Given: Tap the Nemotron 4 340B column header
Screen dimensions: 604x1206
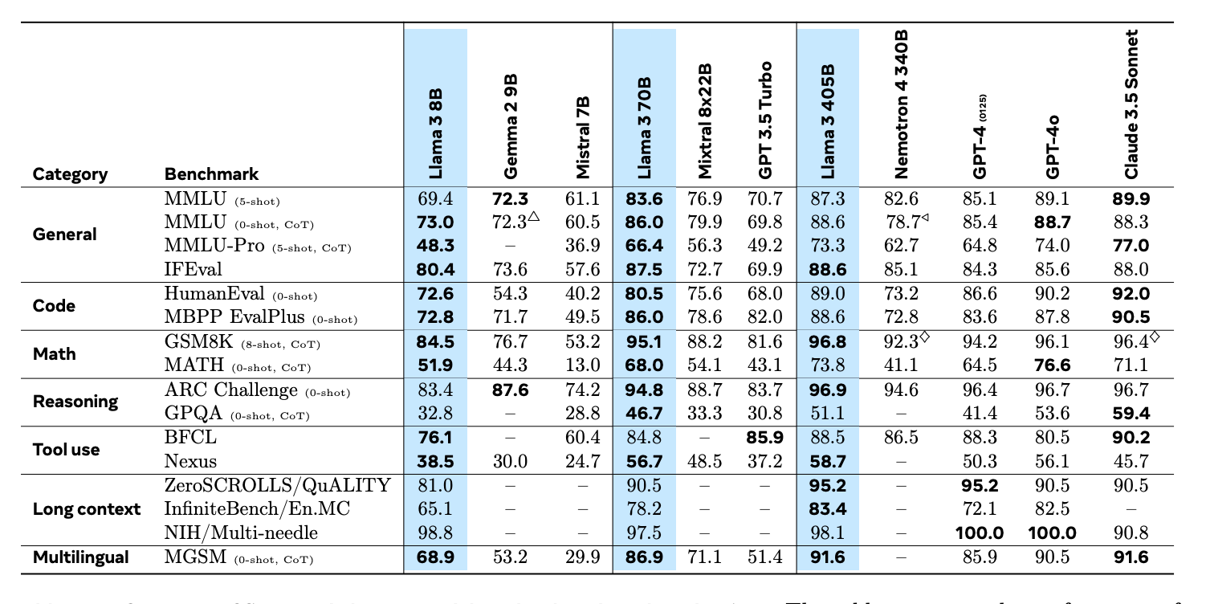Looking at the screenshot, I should (900, 104).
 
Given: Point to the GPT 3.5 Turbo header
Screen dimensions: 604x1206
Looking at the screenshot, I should (765, 120).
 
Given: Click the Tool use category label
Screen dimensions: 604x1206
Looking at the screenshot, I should (66, 449).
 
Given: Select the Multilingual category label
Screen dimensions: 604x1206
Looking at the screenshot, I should (80, 557).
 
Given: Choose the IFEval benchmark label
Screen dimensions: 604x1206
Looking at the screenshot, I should (193, 268).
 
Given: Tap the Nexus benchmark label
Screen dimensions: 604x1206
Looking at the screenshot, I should (190, 461).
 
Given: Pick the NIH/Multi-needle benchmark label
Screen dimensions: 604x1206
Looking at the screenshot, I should (241, 533).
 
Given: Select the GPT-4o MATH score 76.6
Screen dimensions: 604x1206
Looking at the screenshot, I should (1053, 365).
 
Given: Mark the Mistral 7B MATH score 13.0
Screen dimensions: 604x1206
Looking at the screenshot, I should (582, 365).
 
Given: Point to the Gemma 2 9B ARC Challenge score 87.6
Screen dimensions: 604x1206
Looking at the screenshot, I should (511, 390).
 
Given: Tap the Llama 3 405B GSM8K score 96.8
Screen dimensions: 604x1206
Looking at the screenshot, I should (828, 342).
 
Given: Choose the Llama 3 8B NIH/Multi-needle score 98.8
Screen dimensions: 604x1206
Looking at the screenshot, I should (434, 533).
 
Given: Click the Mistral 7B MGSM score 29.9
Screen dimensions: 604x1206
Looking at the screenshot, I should (582, 557).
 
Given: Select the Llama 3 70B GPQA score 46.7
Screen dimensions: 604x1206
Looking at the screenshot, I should (644, 414).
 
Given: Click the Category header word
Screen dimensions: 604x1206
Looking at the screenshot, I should (70, 174).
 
